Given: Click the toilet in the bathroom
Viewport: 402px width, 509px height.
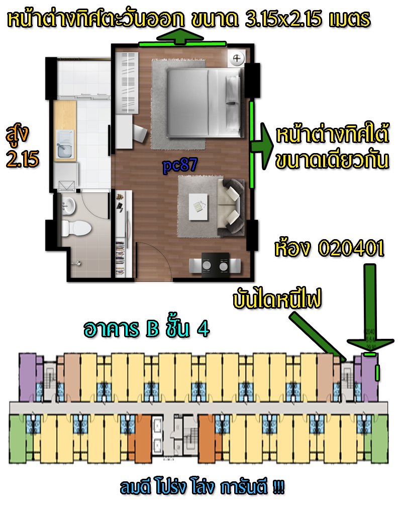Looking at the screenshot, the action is point(76,228).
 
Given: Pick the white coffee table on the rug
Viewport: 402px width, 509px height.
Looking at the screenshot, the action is point(198,207).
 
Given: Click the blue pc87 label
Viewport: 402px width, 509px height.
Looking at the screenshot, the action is point(180,165).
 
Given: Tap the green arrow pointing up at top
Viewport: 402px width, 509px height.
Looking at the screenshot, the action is point(180,36).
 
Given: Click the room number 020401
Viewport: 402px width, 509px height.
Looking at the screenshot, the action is point(351,249).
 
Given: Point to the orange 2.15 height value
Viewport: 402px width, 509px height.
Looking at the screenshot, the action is point(23,159).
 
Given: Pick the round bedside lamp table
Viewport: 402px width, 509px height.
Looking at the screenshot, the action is point(237,59).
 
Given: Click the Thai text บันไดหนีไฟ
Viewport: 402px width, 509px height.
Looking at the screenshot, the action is point(277,299).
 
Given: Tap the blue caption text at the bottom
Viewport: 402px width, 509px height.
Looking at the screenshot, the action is point(202,487).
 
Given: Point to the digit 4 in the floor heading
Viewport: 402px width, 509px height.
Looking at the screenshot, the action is point(204,329).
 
